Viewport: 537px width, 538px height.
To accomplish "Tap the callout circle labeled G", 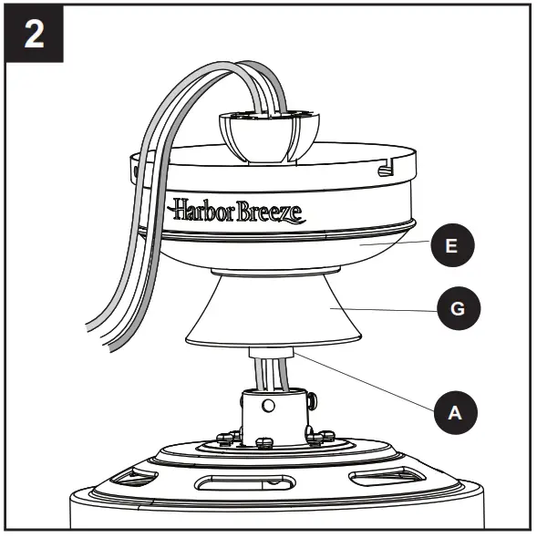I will (458, 309).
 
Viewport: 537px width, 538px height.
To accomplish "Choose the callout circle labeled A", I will (455, 412).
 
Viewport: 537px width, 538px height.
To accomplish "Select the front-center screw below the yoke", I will (264, 443).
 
